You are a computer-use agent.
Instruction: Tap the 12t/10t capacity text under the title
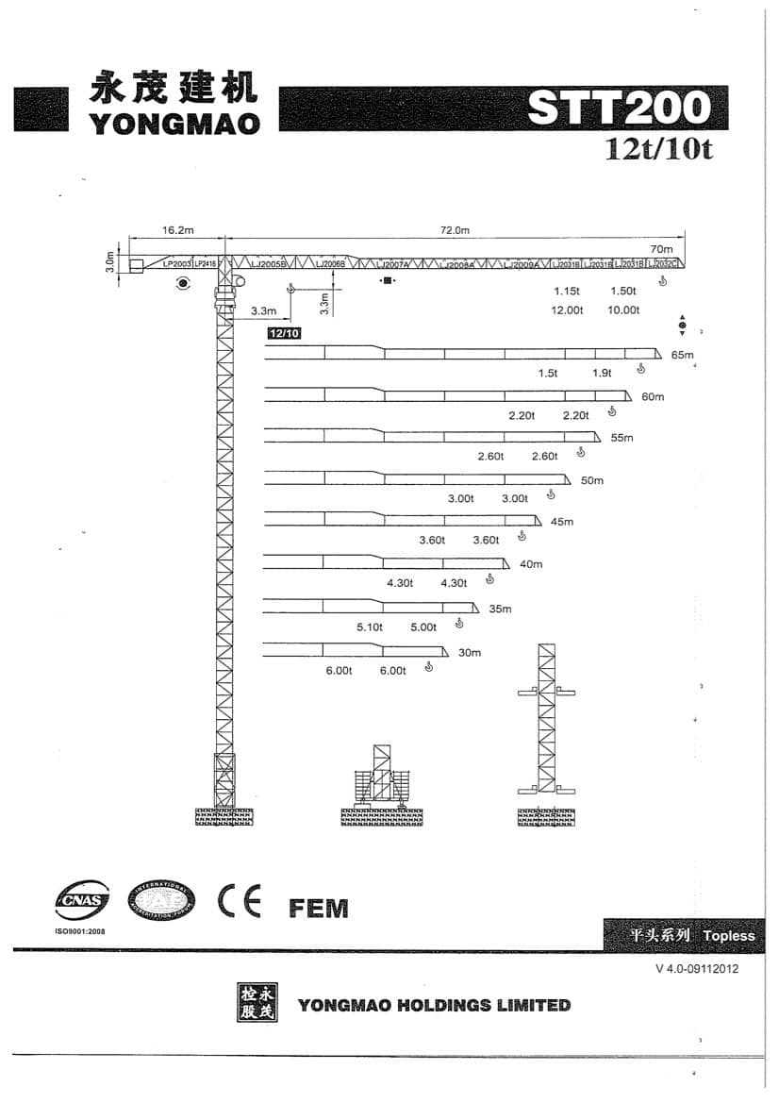(658, 149)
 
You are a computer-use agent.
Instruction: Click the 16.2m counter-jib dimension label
(177, 229)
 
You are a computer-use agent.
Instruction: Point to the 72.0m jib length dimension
(455, 229)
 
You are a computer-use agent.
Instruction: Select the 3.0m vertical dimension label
(109, 261)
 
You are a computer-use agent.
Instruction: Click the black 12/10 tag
(284, 333)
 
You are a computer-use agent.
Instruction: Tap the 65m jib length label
(682, 355)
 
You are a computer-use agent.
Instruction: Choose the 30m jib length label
(469, 653)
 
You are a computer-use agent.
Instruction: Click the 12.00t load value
(568, 309)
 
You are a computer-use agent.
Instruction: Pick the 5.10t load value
(370, 627)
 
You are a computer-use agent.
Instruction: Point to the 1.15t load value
(566, 291)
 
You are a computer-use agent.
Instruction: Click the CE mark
(239, 902)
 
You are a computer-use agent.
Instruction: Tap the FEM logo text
(318, 909)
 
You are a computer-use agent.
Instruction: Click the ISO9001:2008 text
(83, 930)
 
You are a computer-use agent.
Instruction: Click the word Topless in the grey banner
(729, 936)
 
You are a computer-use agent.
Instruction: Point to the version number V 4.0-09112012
(697, 969)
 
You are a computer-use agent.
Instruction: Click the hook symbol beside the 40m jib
(489, 578)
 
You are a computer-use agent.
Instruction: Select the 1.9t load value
(602, 373)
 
